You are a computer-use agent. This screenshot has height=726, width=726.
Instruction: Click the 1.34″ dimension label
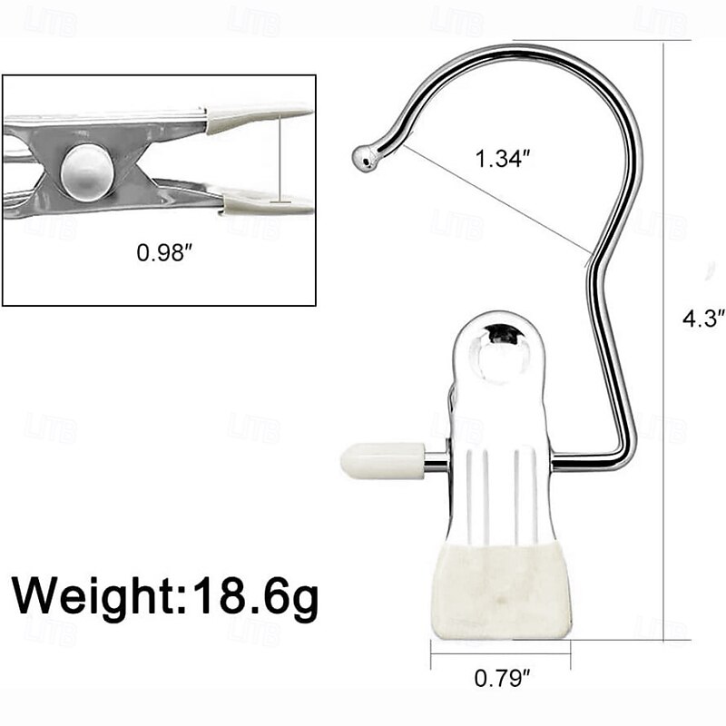pos(502,159)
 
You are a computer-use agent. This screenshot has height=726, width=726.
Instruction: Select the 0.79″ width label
pos(500,676)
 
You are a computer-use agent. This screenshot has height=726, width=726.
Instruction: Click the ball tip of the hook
pos(366,159)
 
